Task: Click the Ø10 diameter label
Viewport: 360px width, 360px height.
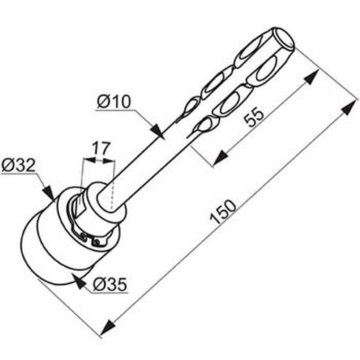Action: [x=114, y=102]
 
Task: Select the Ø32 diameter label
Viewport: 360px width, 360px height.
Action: [x=19, y=165]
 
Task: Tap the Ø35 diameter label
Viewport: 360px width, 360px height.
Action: [x=110, y=285]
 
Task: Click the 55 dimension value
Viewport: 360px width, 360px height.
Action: [x=254, y=118]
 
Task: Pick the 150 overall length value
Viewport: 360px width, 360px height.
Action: [x=223, y=212]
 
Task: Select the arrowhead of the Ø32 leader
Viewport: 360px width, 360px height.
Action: [x=48, y=192]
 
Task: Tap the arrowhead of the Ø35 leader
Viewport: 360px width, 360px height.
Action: [x=79, y=280]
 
